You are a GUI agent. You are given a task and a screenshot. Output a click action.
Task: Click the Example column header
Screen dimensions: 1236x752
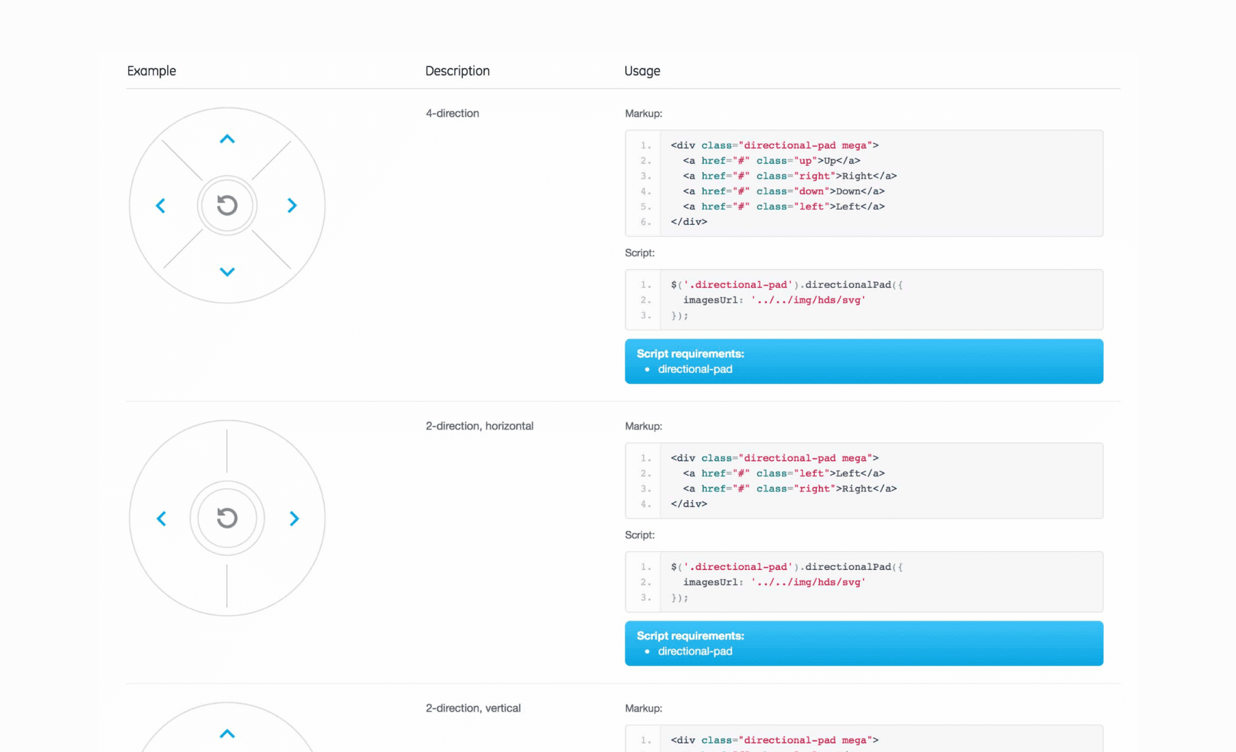(151, 71)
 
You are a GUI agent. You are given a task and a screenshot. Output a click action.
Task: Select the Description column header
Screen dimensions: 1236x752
(457, 71)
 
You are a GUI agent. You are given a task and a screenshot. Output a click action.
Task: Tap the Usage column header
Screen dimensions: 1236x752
(642, 71)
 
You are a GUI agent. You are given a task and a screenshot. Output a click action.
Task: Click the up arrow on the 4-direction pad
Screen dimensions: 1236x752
(227, 139)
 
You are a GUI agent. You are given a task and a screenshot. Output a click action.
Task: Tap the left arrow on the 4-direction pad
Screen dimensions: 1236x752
(161, 205)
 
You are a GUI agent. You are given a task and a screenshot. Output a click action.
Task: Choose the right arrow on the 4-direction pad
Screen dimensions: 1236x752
(292, 205)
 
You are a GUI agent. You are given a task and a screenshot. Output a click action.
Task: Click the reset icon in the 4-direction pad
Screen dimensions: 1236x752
(227, 205)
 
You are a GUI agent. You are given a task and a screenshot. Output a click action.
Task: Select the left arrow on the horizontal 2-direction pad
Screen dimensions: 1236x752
(161, 518)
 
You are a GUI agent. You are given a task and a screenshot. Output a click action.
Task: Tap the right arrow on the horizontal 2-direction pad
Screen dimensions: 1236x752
(294, 518)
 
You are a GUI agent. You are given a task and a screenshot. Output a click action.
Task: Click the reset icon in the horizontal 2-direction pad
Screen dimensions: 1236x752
(227, 518)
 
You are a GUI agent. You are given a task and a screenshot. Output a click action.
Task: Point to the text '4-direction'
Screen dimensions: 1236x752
(452, 113)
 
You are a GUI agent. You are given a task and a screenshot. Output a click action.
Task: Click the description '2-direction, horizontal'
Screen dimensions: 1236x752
(480, 426)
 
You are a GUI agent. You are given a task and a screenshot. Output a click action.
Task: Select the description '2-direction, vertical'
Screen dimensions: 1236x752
(473, 708)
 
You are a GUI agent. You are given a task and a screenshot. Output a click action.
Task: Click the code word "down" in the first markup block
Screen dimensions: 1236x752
(811, 191)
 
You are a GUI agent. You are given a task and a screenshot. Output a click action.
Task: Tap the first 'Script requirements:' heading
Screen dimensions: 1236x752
(691, 354)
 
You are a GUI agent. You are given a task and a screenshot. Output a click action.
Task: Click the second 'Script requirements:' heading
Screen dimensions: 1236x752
(691, 636)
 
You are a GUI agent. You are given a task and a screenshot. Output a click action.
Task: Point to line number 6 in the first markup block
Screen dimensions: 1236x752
(645, 222)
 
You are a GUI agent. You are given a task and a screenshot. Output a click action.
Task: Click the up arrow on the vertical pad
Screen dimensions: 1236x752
(227, 734)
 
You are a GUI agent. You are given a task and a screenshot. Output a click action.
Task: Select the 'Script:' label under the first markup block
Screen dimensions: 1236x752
(639, 253)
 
